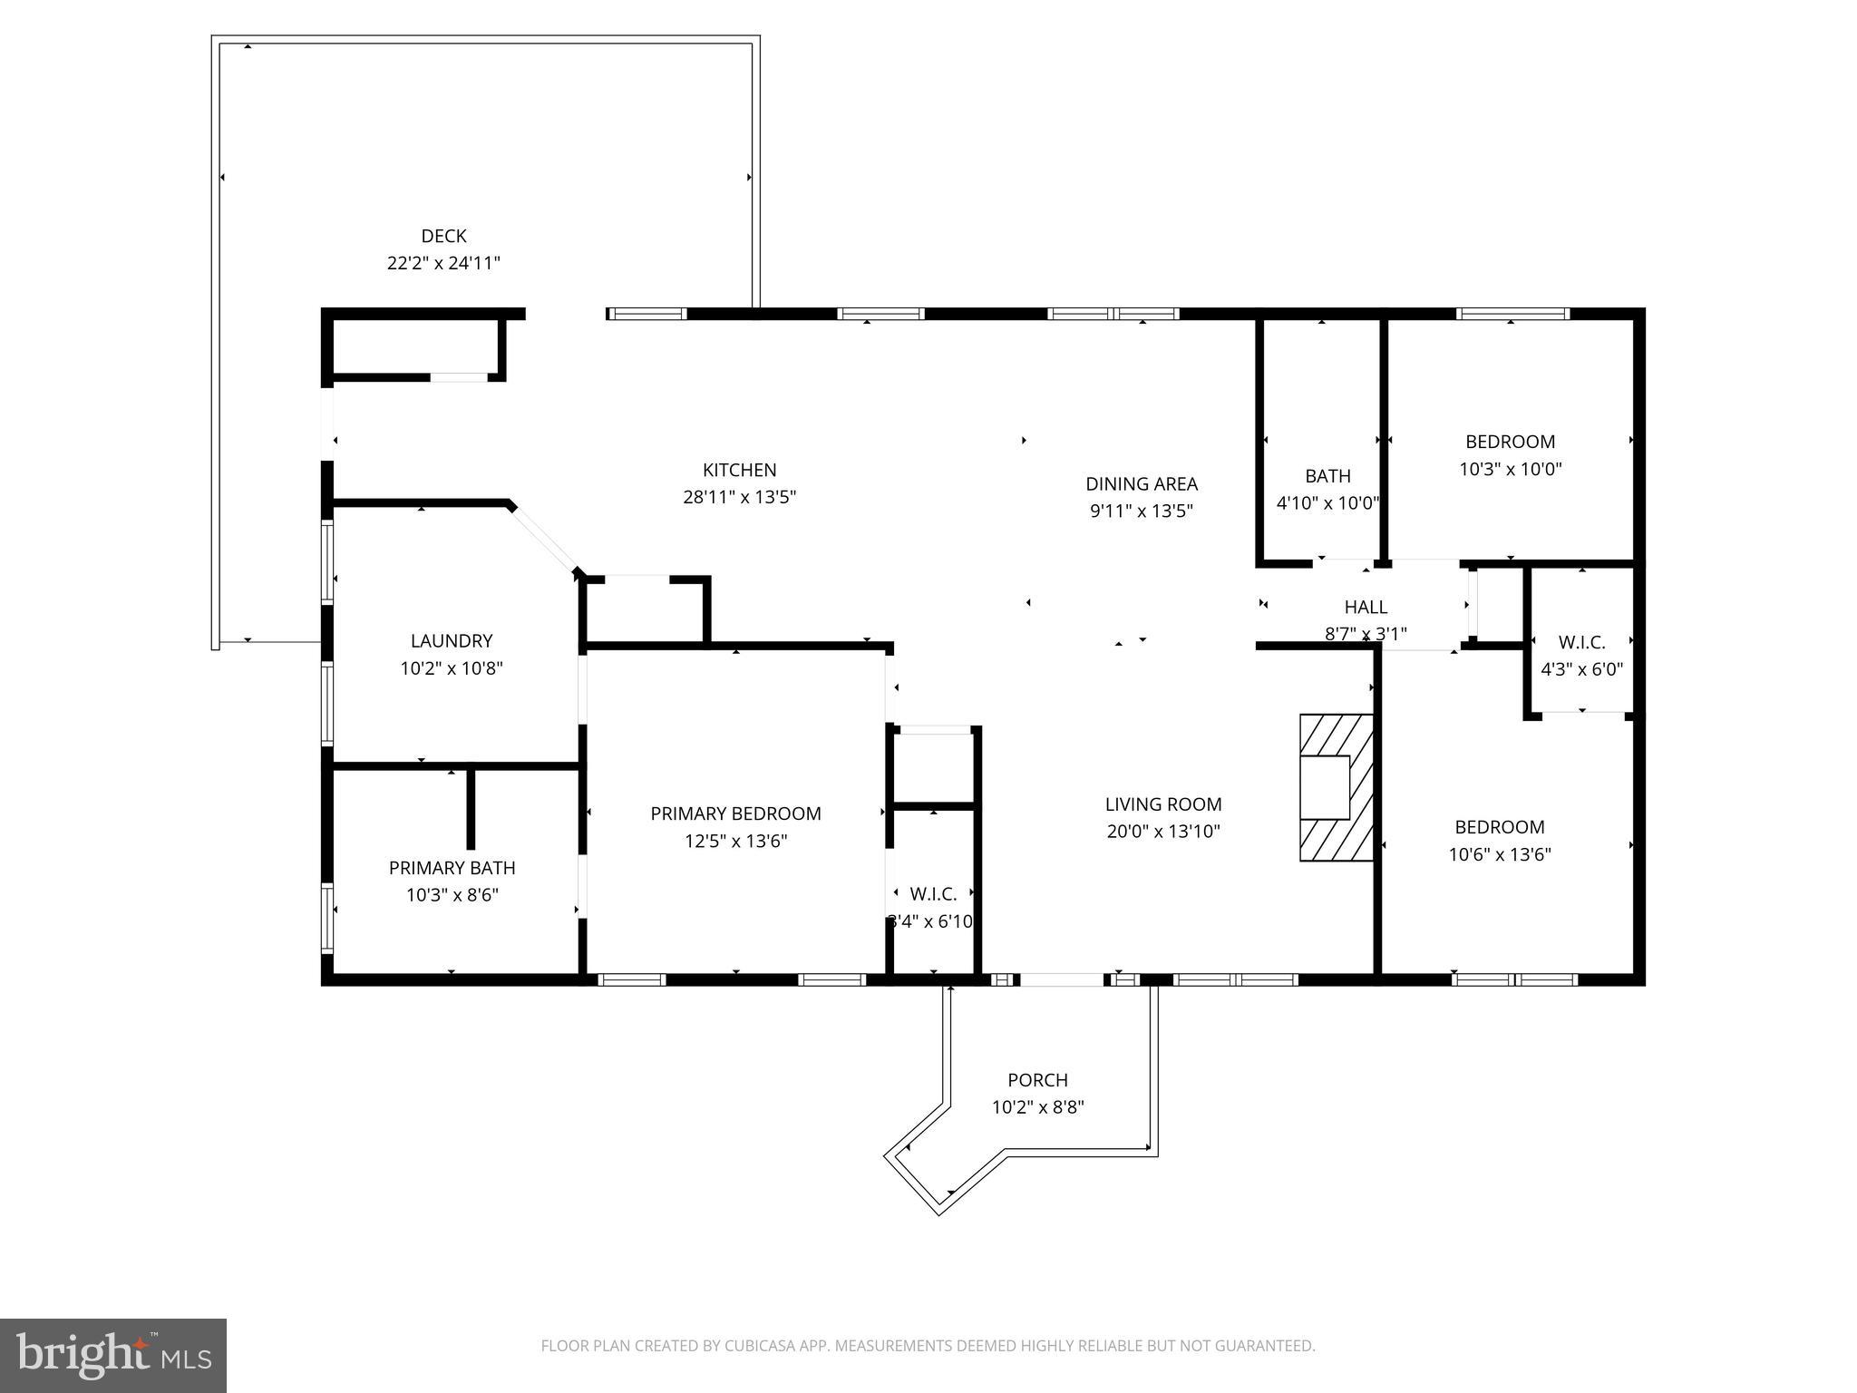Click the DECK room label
point(443,236)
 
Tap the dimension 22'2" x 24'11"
point(443,264)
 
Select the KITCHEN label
point(739,470)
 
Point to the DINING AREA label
point(1141,483)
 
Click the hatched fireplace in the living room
point(1336,787)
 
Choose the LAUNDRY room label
point(451,641)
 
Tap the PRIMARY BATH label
point(452,868)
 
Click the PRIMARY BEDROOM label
point(735,813)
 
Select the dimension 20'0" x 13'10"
point(1162,832)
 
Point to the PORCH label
point(1037,1080)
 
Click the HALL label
point(1365,607)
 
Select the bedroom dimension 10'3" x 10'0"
point(1510,470)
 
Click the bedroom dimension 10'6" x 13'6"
point(1499,854)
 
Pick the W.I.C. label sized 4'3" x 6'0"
point(1581,642)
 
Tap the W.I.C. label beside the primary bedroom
point(933,894)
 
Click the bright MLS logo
point(113,1355)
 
